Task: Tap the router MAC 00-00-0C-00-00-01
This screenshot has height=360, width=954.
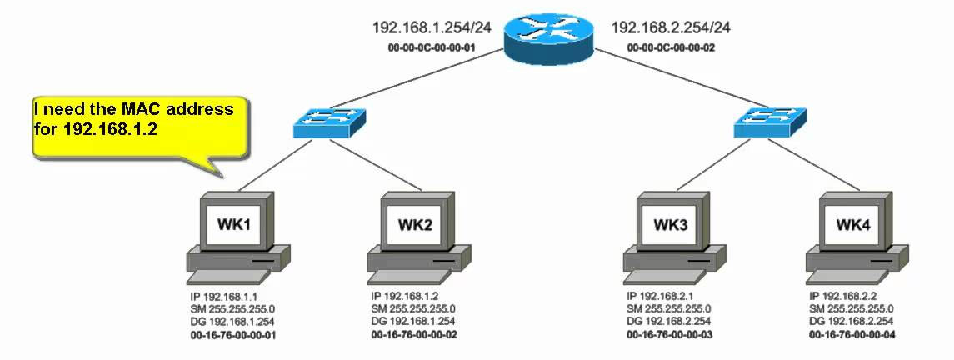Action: [x=432, y=48]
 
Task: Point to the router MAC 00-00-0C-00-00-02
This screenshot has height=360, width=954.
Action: [x=671, y=48]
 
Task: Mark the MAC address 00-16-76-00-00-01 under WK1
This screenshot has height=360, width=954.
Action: [x=233, y=333]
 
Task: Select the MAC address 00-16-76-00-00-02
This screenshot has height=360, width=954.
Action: [x=414, y=333]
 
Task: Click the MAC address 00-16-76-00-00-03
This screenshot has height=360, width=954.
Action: [x=670, y=333]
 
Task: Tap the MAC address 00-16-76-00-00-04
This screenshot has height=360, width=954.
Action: [x=852, y=333]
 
